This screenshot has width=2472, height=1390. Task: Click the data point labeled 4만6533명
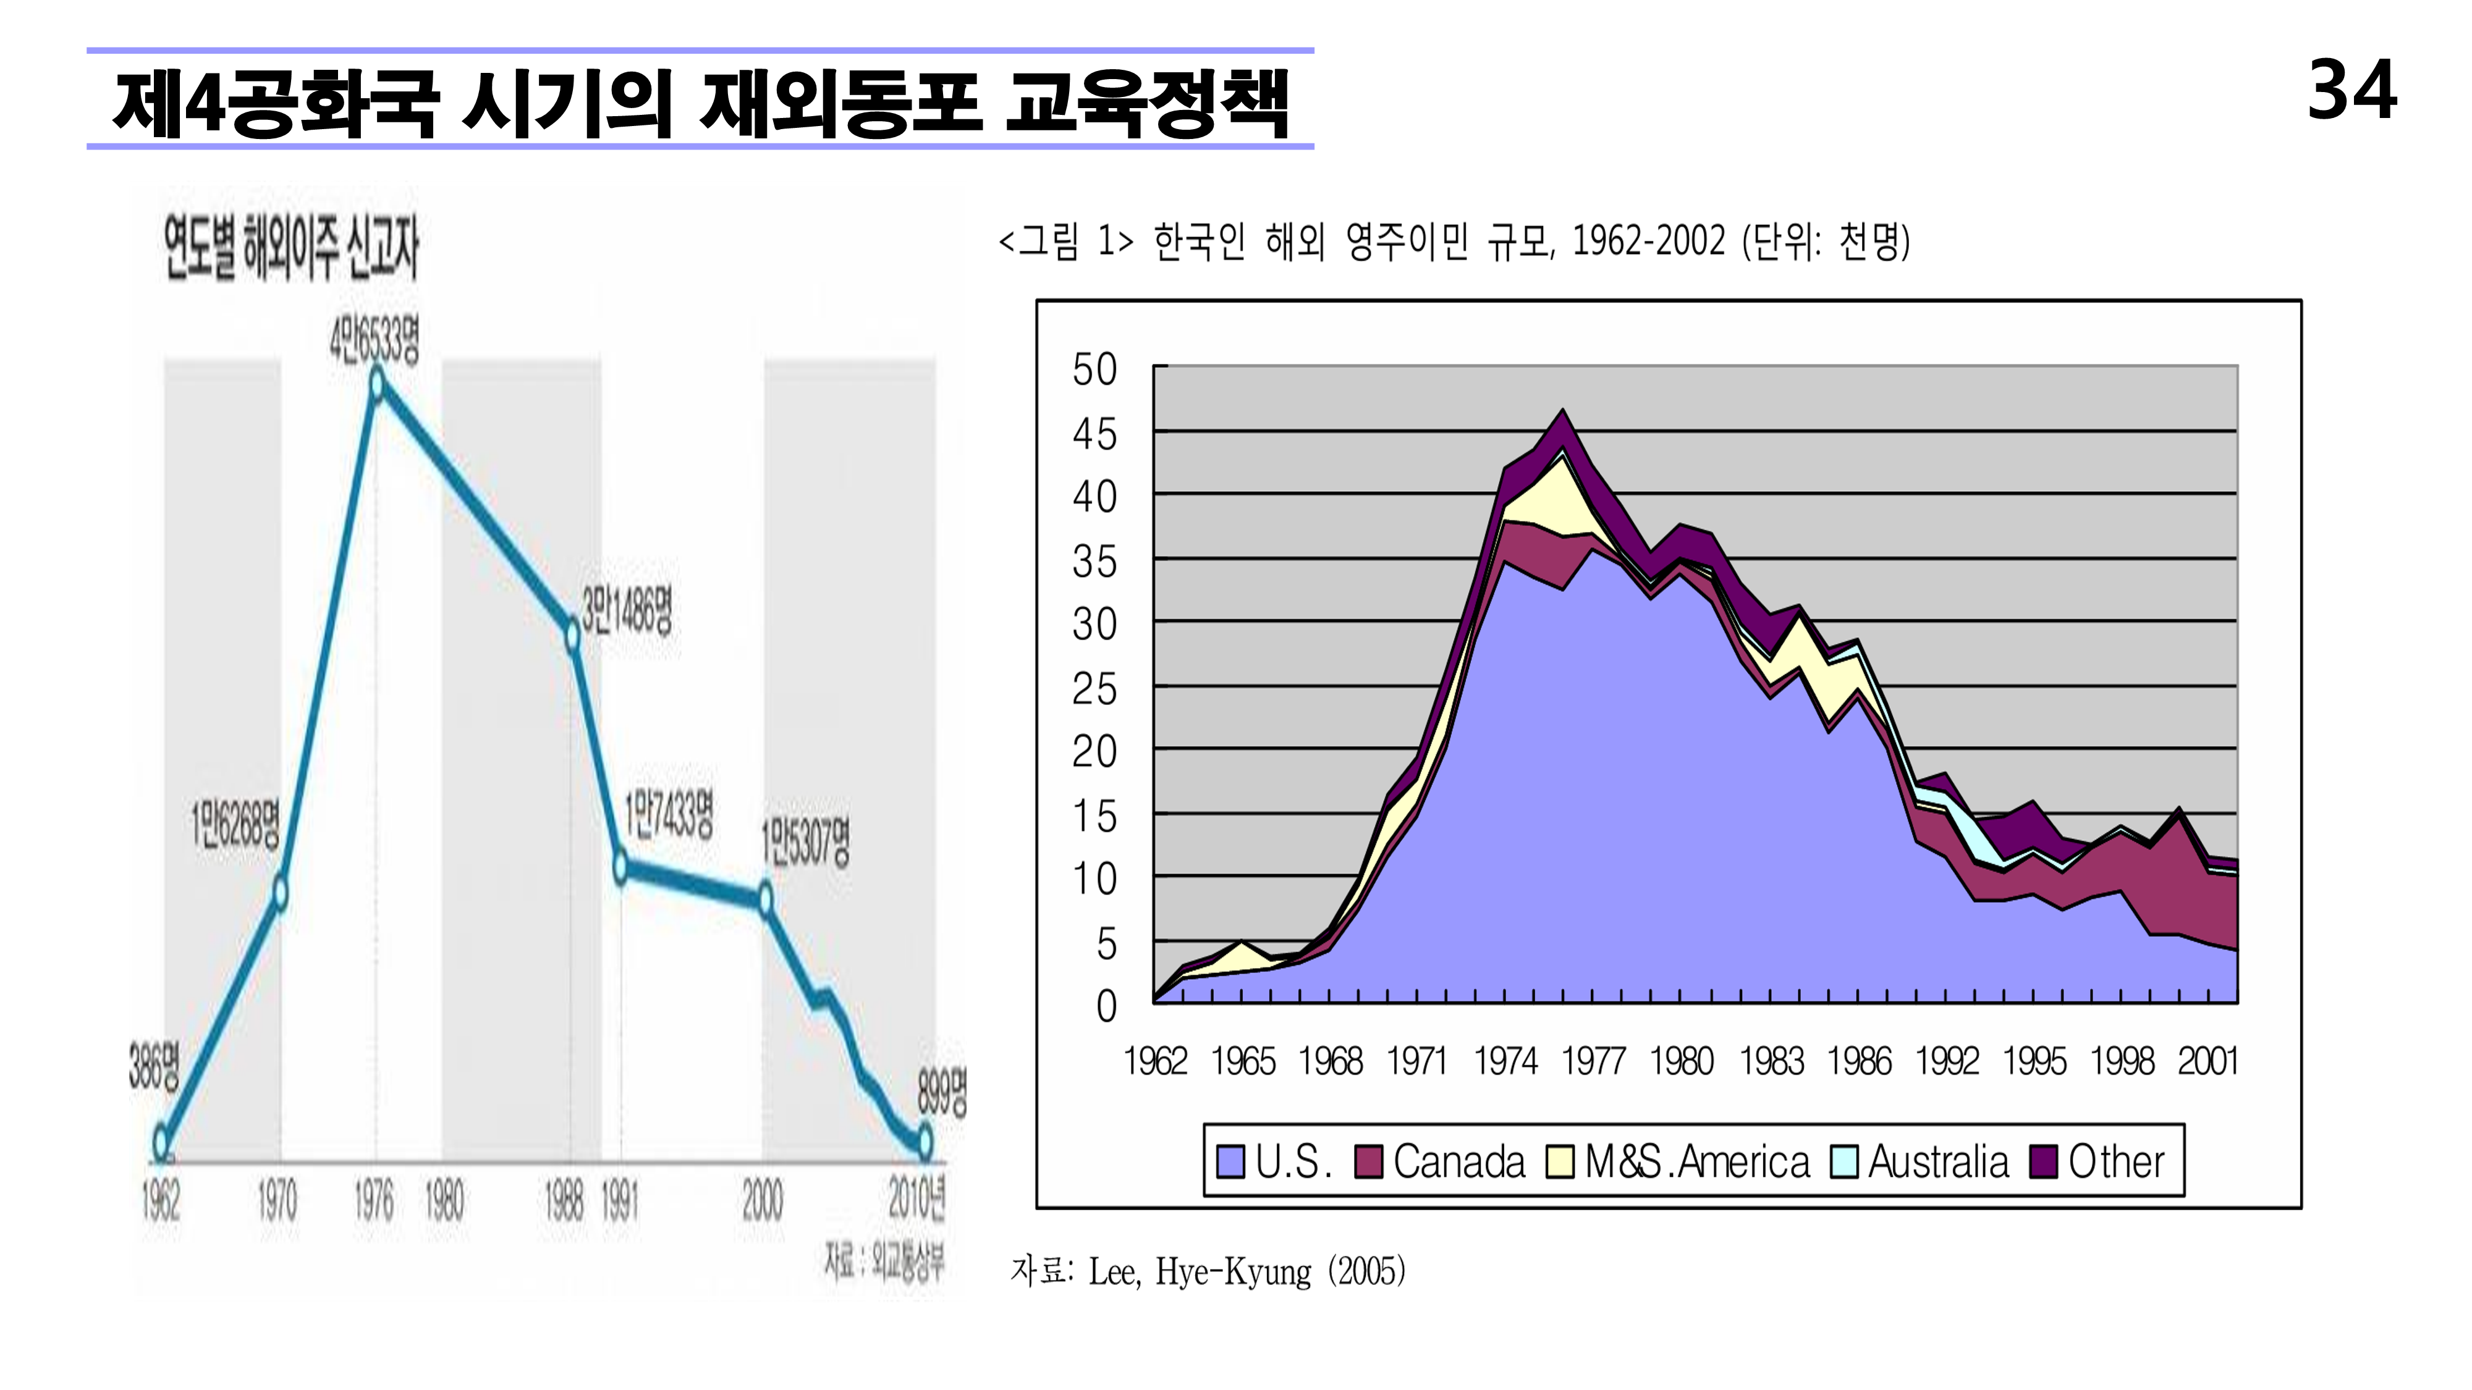coord(377,385)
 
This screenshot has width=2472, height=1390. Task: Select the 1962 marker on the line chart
coord(161,1142)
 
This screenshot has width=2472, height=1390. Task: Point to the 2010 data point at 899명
coord(924,1142)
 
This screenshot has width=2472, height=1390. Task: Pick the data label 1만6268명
coord(235,824)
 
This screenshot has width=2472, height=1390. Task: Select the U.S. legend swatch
coord(1230,1161)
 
